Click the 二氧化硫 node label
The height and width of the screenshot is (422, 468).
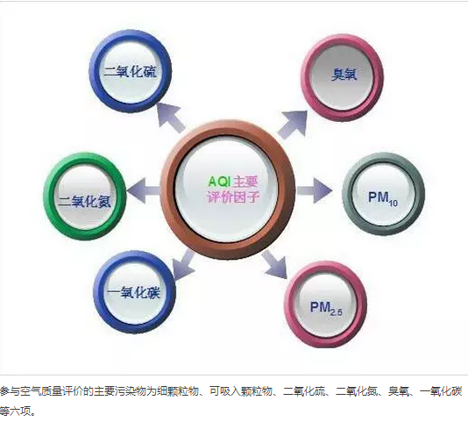[x=130, y=71]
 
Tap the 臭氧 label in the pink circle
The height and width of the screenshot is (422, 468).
[x=344, y=74]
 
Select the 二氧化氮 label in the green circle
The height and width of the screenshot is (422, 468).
[x=84, y=202]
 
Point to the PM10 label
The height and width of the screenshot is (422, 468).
[x=383, y=199]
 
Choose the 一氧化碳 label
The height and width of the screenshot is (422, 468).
[x=134, y=292]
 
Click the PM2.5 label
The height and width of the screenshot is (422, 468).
[x=326, y=309]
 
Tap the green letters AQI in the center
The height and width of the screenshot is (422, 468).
[x=219, y=182]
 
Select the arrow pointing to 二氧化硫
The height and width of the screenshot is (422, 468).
[x=171, y=117]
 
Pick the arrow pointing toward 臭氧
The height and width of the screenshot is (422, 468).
[x=293, y=124]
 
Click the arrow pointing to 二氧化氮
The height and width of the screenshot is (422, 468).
[x=143, y=190]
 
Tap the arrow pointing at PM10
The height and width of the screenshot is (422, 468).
[x=315, y=190]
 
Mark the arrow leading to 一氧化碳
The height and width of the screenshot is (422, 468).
[x=183, y=266]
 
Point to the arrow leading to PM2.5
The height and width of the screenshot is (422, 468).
[x=275, y=265]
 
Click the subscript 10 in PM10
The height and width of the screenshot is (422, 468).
[x=394, y=204]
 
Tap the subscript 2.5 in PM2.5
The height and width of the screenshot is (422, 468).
[x=336, y=312]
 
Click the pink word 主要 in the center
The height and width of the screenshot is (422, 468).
[x=245, y=182]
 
